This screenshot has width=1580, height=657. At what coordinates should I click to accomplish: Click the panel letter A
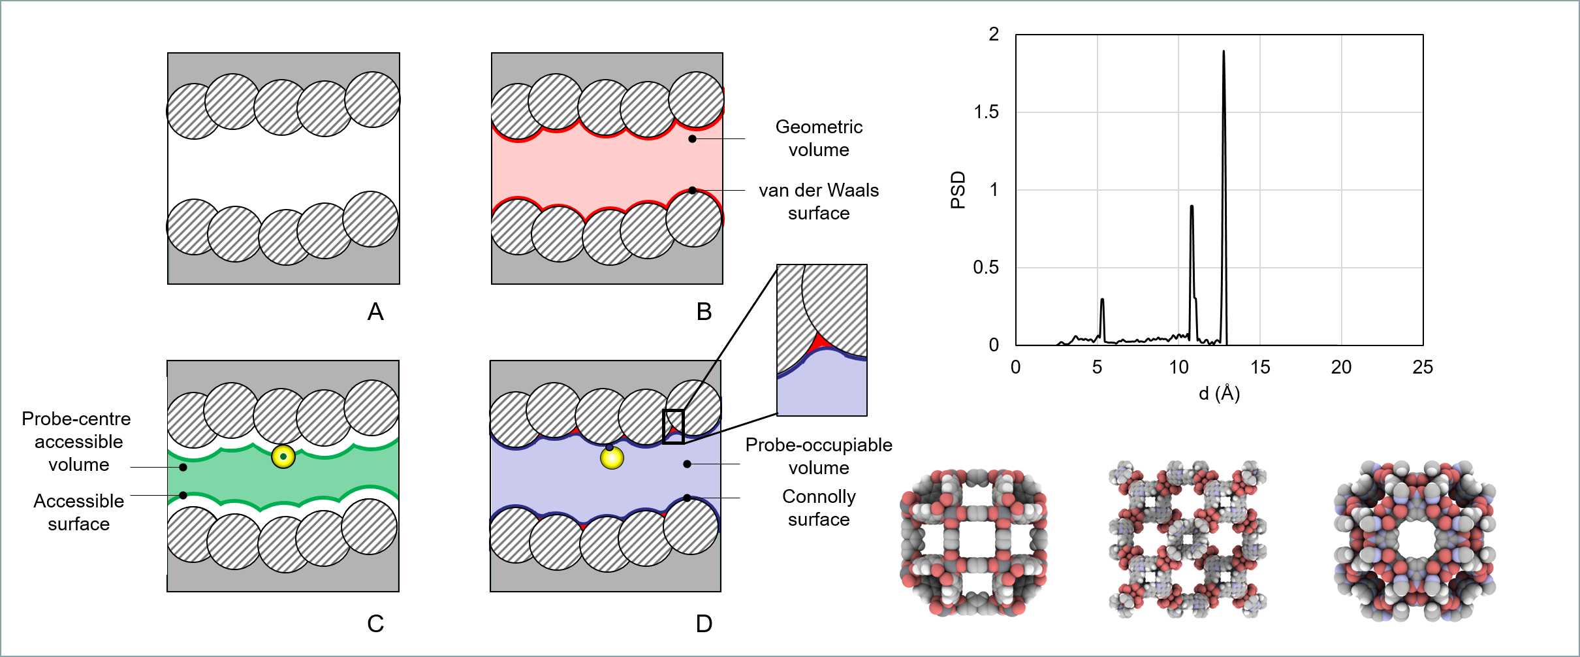click(375, 312)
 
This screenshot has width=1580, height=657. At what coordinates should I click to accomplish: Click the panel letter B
click(704, 312)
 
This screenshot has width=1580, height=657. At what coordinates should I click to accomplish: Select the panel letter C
click(375, 624)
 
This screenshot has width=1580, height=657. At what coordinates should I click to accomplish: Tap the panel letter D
click(704, 624)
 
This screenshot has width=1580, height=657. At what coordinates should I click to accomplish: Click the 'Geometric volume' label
click(819, 138)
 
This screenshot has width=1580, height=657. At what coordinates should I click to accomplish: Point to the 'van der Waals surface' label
click(819, 201)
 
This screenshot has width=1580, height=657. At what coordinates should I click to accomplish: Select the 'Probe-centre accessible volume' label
click(77, 441)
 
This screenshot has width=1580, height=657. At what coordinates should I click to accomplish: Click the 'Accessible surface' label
click(78, 512)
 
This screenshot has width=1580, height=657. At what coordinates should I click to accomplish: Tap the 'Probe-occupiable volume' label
click(819, 456)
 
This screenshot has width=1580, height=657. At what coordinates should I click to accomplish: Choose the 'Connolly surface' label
click(819, 507)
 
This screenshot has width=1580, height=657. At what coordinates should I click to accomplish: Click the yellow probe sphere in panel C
click(283, 457)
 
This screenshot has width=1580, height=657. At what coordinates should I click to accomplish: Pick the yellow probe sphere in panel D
click(612, 458)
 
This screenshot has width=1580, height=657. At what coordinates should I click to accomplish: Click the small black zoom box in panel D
click(673, 426)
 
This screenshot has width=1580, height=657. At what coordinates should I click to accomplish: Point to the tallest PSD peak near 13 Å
click(1224, 52)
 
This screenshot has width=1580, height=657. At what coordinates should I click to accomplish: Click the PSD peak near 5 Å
click(1102, 301)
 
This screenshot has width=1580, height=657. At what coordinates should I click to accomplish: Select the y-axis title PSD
click(958, 189)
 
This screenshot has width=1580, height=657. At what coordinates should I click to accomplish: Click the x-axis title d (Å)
click(1219, 393)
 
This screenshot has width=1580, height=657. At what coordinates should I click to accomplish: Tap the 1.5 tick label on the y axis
click(986, 112)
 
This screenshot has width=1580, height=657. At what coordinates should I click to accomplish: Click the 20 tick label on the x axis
click(1341, 367)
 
